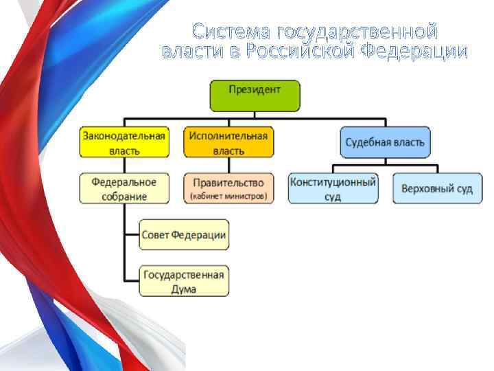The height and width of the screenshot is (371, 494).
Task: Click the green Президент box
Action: pos(255,95)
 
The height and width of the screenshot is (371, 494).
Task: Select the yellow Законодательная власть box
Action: pos(124,142)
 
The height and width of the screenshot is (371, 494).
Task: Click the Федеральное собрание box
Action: pos(124,188)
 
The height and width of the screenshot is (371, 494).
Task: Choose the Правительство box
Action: pos(228,188)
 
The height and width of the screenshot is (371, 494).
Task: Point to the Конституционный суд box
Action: pos(333,188)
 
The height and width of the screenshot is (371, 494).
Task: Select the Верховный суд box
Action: pos(436,188)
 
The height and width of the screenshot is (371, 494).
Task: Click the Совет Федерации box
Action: pos(184,235)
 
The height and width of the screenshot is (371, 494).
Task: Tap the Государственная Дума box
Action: pos(184,281)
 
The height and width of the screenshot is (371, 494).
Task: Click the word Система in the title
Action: pos(231,32)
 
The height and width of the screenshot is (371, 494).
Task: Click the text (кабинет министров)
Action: pos(228,196)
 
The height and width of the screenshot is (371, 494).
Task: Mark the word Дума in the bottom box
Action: pos(183,289)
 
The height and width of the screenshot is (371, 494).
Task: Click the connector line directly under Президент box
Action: pos(255,117)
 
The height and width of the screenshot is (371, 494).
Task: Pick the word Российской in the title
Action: pos(301,52)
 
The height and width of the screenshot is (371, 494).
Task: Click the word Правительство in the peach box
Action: pos(228,183)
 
